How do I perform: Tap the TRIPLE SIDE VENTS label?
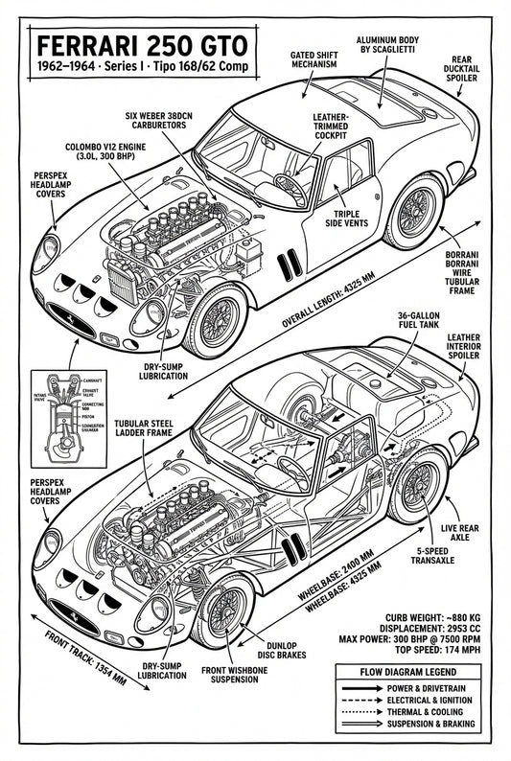(x=352, y=221)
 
